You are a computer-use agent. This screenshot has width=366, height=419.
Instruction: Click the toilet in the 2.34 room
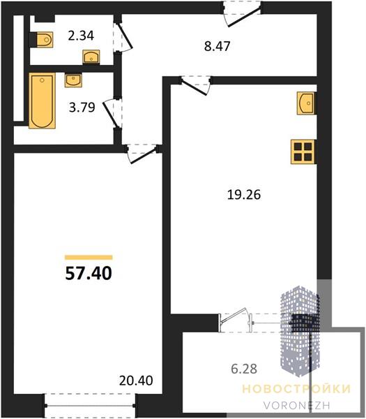45,40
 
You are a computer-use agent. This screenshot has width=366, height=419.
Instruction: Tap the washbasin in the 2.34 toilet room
91,57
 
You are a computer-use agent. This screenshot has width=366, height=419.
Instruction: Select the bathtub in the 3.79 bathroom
42,101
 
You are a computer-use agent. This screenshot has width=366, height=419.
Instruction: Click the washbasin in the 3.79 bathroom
73,81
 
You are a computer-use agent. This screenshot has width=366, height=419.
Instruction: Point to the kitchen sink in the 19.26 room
306,103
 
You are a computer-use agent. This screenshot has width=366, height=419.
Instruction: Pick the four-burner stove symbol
303,152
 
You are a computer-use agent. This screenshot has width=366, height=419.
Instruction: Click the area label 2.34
81,36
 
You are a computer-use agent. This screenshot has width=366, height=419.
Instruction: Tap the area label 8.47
217,46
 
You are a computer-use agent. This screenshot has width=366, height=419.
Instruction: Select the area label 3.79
82,108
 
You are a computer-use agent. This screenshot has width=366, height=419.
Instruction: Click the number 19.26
244,195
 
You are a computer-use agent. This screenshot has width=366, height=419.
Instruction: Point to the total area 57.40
89,273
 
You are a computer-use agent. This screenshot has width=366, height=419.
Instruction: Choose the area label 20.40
136,381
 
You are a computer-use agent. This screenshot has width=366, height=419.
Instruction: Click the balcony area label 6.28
244,369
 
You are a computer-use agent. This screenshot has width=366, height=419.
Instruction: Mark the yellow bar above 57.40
89,257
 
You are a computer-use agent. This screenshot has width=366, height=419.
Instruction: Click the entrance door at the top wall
242,14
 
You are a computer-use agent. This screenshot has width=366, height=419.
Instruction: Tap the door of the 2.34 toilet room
123,37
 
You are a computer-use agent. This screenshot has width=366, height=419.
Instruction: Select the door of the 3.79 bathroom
112,113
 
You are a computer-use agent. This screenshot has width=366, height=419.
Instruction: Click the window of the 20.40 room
90,406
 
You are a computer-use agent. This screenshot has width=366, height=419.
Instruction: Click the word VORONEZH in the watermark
297,405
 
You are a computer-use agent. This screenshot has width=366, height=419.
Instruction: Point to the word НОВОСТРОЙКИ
296,388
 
